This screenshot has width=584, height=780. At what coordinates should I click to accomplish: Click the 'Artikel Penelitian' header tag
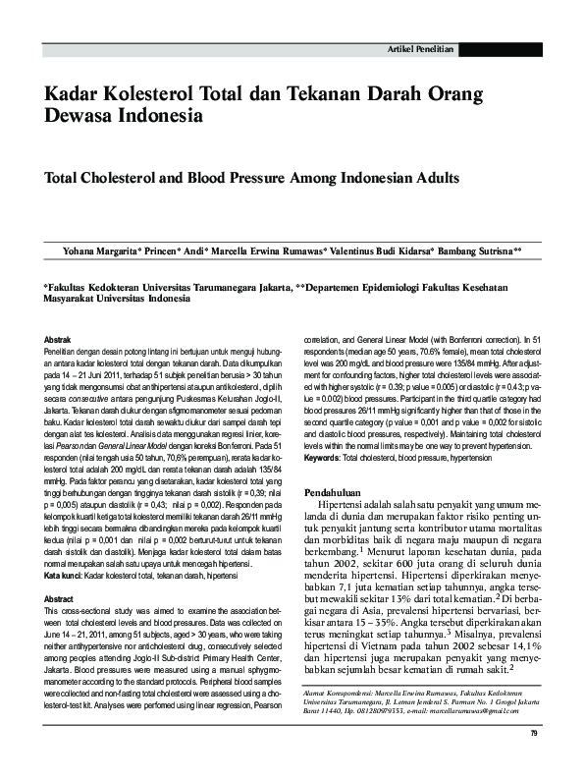point(421,48)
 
